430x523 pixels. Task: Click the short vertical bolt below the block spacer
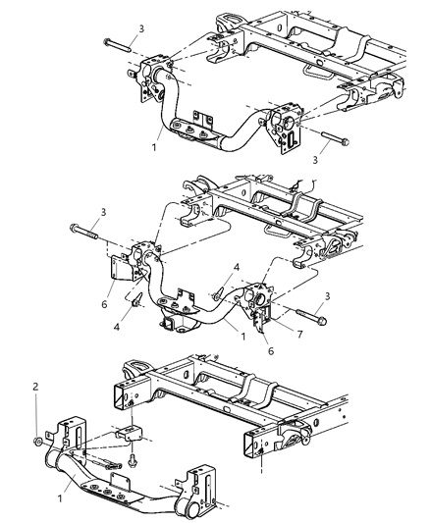[x=134, y=458]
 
